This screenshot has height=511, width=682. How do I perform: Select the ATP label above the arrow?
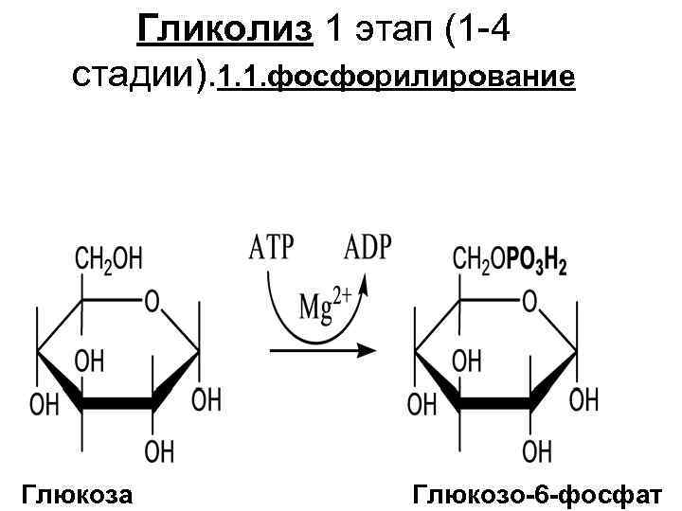click(x=272, y=249)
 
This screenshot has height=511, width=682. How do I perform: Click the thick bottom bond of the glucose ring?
click(x=117, y=404)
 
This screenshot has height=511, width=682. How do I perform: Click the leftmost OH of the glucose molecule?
click(x=45, y=405)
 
